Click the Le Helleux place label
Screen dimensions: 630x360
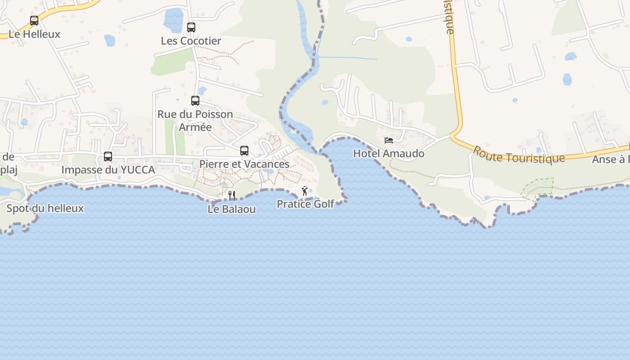34,34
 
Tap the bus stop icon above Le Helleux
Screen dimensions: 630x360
34,20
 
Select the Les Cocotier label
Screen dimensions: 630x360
191,41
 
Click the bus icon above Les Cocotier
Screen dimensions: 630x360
191,27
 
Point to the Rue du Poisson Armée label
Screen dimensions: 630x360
195,121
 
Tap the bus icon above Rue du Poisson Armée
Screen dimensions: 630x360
195,101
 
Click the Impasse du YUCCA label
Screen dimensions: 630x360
108,170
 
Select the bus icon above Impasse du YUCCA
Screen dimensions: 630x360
108,157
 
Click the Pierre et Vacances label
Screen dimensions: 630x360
244,164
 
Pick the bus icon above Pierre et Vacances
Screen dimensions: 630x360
244,151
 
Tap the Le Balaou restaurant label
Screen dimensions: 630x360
232,209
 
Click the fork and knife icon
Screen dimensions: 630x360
232,196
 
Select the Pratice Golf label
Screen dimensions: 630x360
305,204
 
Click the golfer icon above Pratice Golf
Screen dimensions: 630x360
305,191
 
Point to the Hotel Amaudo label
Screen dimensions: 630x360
389,153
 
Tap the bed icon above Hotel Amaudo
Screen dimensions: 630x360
389,140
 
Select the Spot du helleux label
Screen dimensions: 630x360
45,208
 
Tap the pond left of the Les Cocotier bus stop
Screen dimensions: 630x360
173,20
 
